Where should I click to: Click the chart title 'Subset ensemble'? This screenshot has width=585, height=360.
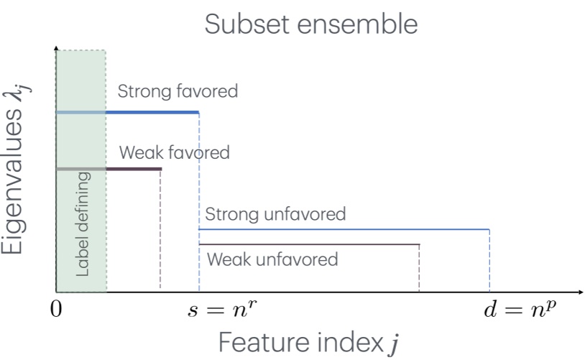click(x=310, y=24)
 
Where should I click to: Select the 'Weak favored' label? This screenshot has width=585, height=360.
click(x=174, y=152)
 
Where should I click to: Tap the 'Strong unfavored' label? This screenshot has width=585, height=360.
click(x=275, y=213)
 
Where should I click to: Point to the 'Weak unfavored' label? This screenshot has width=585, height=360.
click(x=272, y=259)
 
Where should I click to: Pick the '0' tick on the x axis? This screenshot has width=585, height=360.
click(x=57, y=311)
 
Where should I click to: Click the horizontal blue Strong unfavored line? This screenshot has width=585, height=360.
click(x=345, y=229)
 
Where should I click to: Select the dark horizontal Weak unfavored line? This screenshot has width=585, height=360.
click(x=309, y=245)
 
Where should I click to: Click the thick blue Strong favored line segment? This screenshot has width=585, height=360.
click(x=152, y=112)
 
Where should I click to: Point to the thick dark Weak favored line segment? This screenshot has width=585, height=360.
click(x=134, y=169)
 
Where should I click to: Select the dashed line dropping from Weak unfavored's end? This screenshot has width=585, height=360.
click(x=419, y=269)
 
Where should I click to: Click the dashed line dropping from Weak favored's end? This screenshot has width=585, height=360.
click(x=160, y=230)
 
